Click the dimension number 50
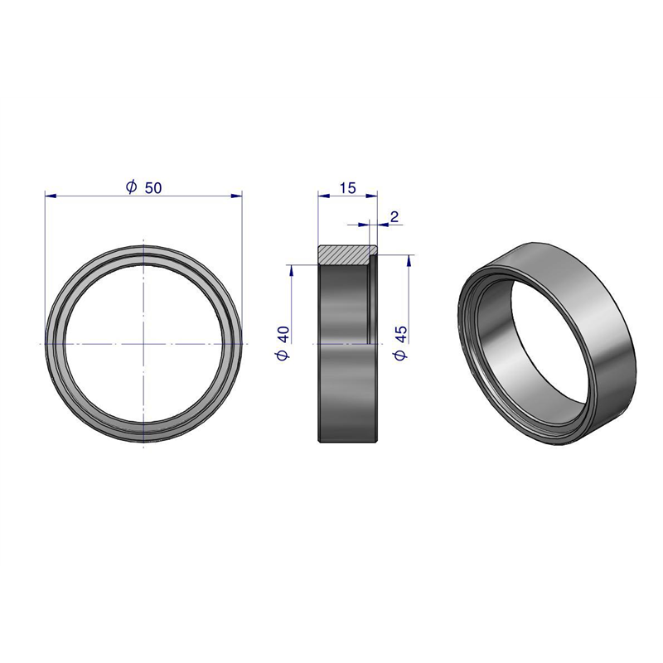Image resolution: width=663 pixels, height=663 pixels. coord(153,188)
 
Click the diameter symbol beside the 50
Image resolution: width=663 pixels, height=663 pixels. coord(132,186)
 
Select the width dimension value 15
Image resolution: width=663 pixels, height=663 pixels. coord(347,188)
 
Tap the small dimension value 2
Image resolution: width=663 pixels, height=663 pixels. coord(394,217)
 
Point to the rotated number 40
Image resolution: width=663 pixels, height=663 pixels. coord(283,334)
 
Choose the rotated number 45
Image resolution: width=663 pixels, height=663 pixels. coord(400,334)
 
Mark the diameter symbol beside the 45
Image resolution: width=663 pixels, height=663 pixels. coord(400,355)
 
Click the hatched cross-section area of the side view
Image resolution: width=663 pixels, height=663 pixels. coord(342,255)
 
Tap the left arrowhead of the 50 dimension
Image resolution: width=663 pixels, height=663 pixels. coord(51,196)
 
